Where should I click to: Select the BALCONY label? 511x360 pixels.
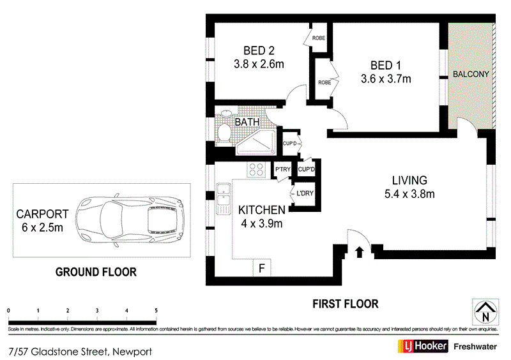tap(471, 74)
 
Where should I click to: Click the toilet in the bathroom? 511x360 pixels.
tap(224, 132)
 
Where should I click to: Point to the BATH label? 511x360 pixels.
tap(247, 121)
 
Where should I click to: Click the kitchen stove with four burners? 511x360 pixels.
tap(256, 169)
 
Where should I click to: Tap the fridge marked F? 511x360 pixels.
tap(261, 268)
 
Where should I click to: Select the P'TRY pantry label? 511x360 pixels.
tap(282, 169)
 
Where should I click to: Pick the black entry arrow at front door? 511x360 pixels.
tap(359, 251)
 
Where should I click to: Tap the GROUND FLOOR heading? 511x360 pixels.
tap(96, 272)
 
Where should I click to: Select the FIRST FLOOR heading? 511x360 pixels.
tap(345, 304)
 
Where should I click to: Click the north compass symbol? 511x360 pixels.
tap(486, 311)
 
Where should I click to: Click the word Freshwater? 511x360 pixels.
tap(477, 347)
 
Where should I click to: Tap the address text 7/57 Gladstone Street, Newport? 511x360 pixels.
tap(80, 351)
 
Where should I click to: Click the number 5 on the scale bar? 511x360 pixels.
tap(156, 310)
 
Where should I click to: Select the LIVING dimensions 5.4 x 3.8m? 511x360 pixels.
tap(410, 194)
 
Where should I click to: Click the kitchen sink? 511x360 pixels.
tap(223, 198)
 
